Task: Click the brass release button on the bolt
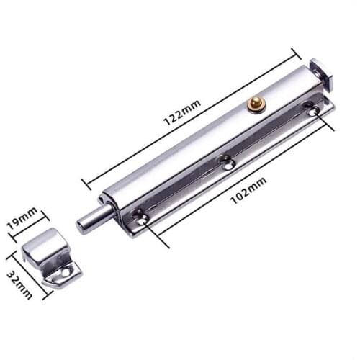pyautogui.click(x=253, y=104)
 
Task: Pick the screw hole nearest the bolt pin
pyautogui.click(x=140, y=213)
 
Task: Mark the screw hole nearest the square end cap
pyautogui.click(x=310, y=109)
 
